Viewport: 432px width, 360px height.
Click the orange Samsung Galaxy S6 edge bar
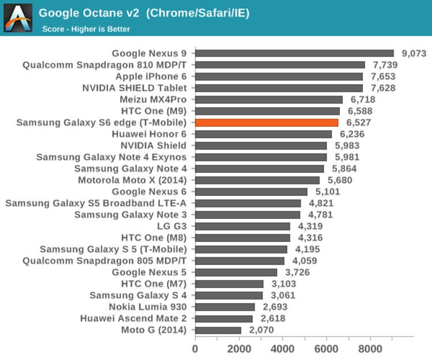pos(267,122)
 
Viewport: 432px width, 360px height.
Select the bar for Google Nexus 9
pos(294,53)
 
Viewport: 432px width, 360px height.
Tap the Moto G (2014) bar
pos(218,330)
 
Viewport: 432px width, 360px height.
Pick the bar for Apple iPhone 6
pos(279,76)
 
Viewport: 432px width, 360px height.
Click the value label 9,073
pos(414,53)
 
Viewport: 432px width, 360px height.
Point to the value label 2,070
pos(261,330)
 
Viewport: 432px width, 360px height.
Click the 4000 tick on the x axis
pos(282,348)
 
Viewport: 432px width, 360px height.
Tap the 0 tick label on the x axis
pos(195,348)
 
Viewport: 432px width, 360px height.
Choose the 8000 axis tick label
pos(370,348)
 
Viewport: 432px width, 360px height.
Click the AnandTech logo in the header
pos(18,17)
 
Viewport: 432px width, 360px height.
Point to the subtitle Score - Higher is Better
pos(86,29)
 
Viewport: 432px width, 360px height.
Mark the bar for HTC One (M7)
pos(229,284)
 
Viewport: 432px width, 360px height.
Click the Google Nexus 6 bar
pos(251,191)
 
